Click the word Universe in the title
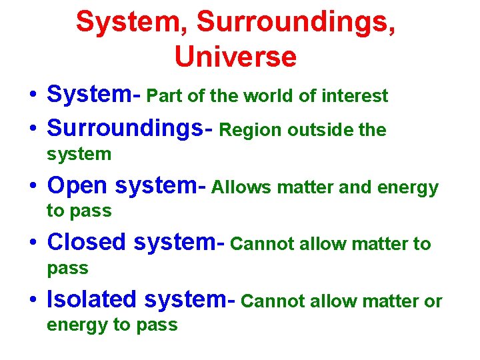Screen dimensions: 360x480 click(235, 57)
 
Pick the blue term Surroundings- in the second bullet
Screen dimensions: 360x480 click(130, 129)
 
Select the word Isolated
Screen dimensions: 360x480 click(91, 301)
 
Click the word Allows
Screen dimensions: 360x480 click(241, 188)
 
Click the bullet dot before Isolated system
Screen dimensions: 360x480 click(32, 301)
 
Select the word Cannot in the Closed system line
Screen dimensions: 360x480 click(262, 245)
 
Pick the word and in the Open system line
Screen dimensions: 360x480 click(356, 188)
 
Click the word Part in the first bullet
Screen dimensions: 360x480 click(164, 96)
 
